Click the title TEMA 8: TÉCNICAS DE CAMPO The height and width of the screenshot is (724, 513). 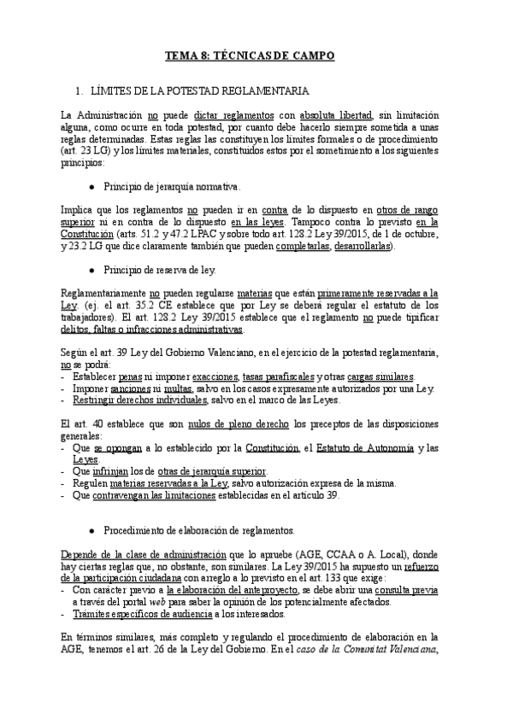pos(249,55)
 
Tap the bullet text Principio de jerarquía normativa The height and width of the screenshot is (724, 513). pos(172,186)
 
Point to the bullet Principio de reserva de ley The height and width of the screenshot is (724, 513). pos(160,270)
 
